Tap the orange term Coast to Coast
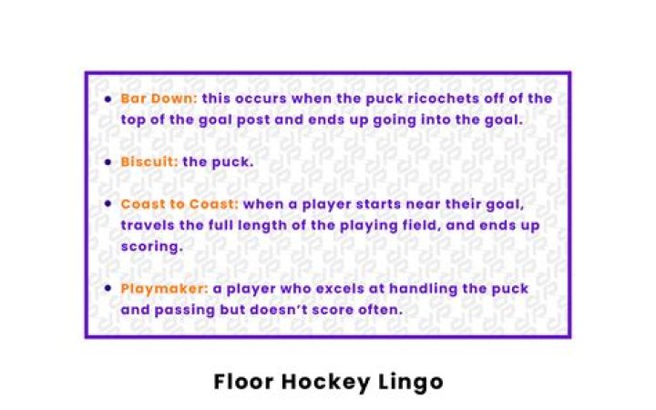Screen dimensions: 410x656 pyautogui.click(x=179, y=205)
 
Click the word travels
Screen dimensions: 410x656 pyautogui.click(x=147, y=225)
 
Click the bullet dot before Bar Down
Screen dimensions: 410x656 pyautogui.click(x=109, y=98)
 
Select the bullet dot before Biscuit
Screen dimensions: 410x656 pyautogui.click(x=109, y=161)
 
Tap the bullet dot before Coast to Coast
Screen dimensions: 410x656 pyautogui.click(x=109, y=205)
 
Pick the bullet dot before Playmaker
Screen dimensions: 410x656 pyautogui.click(x=109, y=289)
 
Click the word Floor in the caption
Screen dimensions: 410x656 pyautogui.click(x=244, y=381)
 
